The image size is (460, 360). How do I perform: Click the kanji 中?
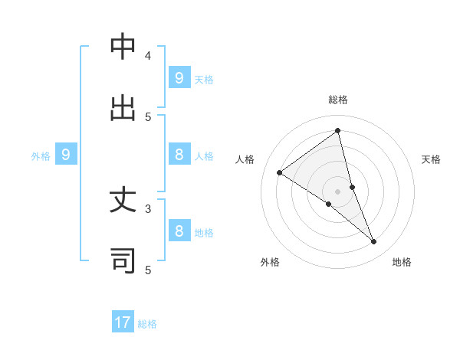[123, 47]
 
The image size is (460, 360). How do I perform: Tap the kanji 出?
[123, 107]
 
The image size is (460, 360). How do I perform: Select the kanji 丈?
[123, 201]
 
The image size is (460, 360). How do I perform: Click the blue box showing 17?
[123, 322]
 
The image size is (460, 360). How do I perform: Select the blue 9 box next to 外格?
[66, 155]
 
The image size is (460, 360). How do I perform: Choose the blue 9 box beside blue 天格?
[179, 77]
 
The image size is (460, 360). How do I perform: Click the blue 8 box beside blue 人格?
[179, 155]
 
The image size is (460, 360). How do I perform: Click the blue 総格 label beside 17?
[147, 324]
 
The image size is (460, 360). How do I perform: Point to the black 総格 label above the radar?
[338, 100]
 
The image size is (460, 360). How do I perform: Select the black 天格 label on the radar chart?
[431, 159]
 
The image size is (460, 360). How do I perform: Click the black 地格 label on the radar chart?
[402, 262]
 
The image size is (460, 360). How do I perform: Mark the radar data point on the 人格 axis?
[279, 172]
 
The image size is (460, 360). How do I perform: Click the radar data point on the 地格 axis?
[374, 241]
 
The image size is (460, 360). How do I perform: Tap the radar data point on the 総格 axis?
[338, 130]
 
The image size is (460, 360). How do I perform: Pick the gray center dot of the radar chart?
[338, 191]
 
